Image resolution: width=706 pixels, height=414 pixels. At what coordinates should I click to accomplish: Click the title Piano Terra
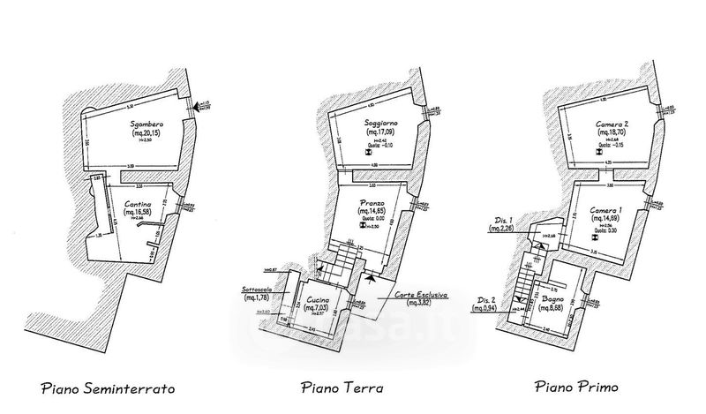340,387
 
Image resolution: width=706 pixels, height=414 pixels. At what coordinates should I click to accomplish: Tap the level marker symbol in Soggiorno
371,154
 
